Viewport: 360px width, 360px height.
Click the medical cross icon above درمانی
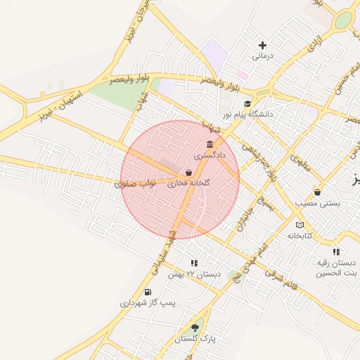pos(262,45)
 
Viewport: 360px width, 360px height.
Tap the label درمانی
pos(262,56)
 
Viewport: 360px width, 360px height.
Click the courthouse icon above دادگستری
pos(210,144)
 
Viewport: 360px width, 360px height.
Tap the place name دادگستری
pos(210,154)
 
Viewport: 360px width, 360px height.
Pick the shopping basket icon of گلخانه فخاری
pos(188,172)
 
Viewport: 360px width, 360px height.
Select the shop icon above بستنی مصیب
pos(317,192)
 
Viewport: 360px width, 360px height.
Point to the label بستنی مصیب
pos(317,202)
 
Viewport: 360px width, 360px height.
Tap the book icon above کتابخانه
pos(300,225)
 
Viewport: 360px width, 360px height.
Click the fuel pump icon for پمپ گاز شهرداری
pos(147,292)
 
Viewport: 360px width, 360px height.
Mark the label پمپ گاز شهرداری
pos(147,302)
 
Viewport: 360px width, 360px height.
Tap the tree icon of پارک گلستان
pos(195,328)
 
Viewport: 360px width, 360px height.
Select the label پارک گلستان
pos(195,338)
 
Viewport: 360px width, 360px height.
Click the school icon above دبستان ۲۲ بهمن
pos(194,263)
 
